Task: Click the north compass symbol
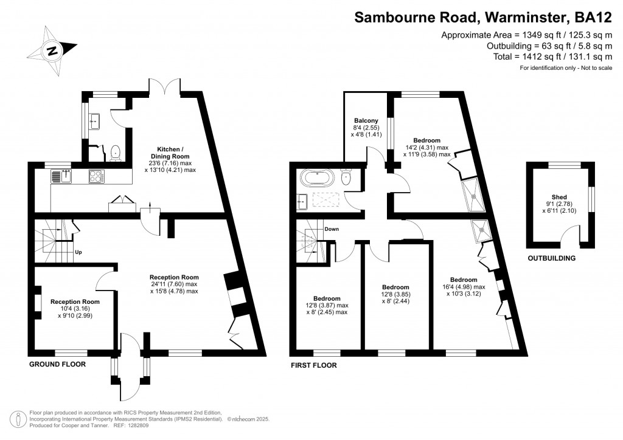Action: tap(54, 51)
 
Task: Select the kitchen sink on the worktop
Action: tap(61, 177)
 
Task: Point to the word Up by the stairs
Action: tap(78, 252)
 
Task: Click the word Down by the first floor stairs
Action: tap(332, 229)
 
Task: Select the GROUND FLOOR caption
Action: tap(57, 364)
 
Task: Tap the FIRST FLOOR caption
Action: tap(313, 365)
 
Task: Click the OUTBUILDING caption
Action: tap(551, 258)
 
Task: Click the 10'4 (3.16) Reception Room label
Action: tap(74, 308)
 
